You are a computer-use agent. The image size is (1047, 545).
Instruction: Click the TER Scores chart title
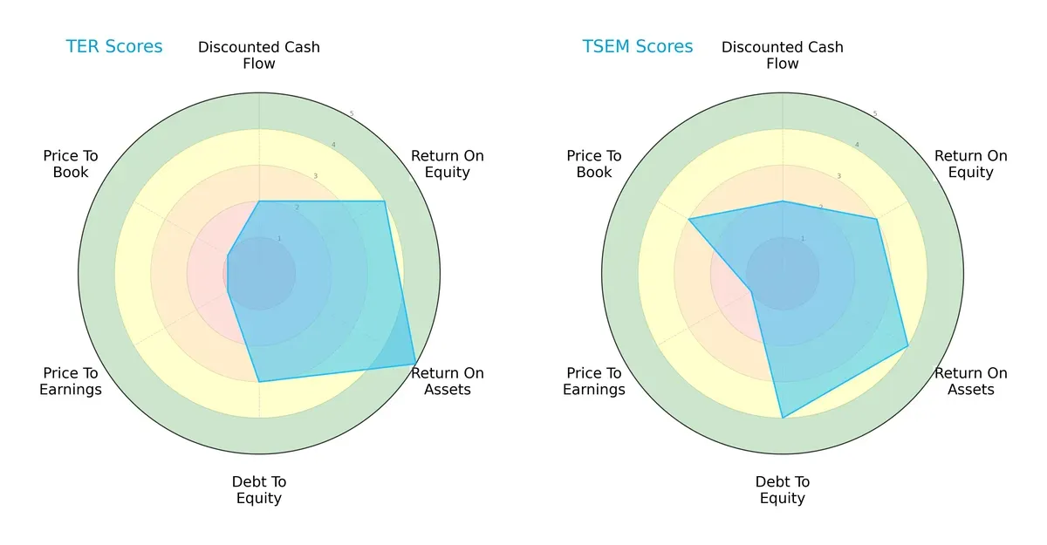point(114,47)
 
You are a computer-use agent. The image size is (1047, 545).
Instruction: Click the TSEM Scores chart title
point(638,47)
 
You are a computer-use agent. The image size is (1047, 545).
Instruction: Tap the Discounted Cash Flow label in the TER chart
point(259,55)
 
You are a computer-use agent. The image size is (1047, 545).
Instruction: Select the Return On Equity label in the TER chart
point(448,164)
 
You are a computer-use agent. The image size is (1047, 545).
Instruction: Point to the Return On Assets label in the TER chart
point(448,381)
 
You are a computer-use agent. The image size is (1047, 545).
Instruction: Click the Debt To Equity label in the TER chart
point(259,490)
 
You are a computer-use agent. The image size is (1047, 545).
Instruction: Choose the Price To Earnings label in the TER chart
point(71,381)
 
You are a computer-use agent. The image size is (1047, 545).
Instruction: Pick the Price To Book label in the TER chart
point(71,164)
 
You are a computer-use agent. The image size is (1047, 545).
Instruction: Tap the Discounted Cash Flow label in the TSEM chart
point(783,55)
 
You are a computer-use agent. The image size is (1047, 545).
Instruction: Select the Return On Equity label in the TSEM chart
point(971,164)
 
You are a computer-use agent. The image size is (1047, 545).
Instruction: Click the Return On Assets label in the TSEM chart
point(971,381)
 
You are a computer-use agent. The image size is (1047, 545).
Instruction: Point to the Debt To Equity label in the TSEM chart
point(783,490)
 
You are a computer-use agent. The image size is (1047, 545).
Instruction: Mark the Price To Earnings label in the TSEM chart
point(594,381)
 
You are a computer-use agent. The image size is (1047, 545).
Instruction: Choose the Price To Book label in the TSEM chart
point(594,164)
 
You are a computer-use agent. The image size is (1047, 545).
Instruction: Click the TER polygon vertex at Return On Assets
point(415,364)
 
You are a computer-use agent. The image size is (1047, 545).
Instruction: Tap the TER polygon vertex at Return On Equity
point(385,201)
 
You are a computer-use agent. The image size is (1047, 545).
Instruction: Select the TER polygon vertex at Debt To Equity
point(259,382)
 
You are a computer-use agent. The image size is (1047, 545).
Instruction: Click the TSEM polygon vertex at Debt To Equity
point(783,419)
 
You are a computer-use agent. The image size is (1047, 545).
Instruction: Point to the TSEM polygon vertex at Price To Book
point(688,219)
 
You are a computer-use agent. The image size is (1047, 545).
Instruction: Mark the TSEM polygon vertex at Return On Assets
point(908,346)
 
